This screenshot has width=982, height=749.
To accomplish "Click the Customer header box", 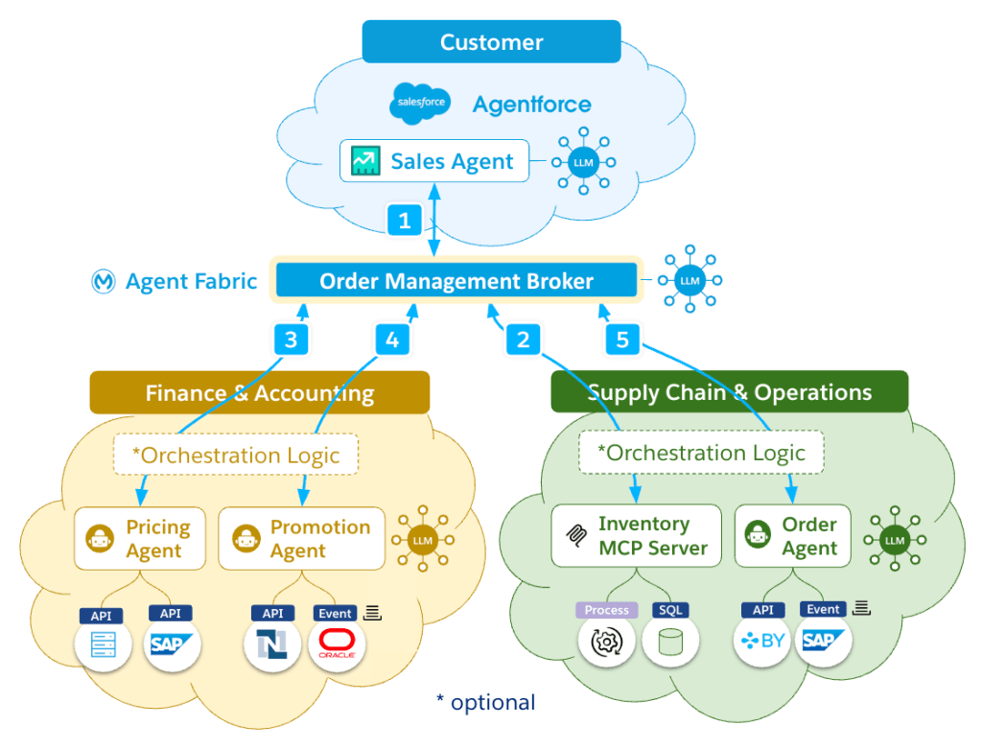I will click(x=491, y=42).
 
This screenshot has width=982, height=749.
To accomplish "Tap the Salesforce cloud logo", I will click(x=420, y=104).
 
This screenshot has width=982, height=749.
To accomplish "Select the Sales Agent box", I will click(x=433, y=161).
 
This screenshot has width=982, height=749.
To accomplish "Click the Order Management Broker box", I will click(x=456, y=281).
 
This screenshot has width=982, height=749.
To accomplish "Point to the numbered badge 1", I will click(x=405, y=220).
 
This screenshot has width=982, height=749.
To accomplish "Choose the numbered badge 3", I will click(x=291, y=339).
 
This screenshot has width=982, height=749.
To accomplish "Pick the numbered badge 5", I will click(x=622, y=339).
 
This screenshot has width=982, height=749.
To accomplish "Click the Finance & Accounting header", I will click(x=259, y=392).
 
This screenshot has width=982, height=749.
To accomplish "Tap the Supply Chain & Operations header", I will click(x=729, y=392).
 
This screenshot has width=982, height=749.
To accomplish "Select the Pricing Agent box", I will click(x=140, y=539).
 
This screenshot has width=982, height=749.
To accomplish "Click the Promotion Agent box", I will click(x=301, y=539).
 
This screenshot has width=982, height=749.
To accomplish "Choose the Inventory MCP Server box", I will click(x=636, y=536).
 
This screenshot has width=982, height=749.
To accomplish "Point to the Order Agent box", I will click(x=792, y=536).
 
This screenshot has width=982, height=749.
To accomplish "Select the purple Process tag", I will click(x=606, y=610).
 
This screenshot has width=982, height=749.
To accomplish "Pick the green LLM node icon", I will click(x=894, y=541).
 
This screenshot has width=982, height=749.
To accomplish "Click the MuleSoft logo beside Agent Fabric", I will click(x=104, y=281).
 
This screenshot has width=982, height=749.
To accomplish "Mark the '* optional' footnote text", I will click(x=485, y=702).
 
